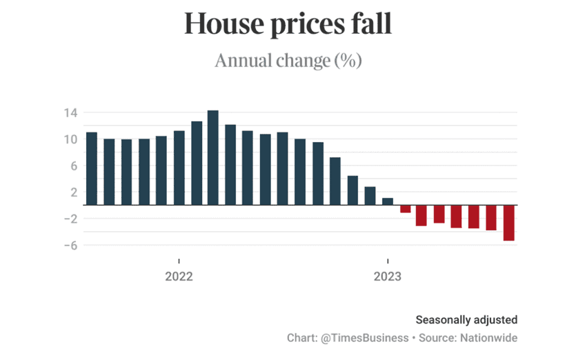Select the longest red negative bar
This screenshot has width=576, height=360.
(x=509, y=223)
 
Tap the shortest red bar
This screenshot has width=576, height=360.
(x=406, y=209)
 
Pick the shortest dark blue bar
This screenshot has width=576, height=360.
(x=388, y=201)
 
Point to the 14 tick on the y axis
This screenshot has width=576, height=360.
(x=71, y=112)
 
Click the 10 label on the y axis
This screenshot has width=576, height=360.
(x=71, y=139)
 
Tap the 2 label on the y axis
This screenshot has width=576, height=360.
(x=74, y=192)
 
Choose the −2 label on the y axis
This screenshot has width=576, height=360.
(x=70, y=219)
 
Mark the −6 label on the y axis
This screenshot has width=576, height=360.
(x=70, y=246)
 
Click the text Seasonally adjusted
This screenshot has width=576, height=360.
(x=466, y=320)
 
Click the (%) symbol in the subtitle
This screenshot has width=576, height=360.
(x=348, y=61)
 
